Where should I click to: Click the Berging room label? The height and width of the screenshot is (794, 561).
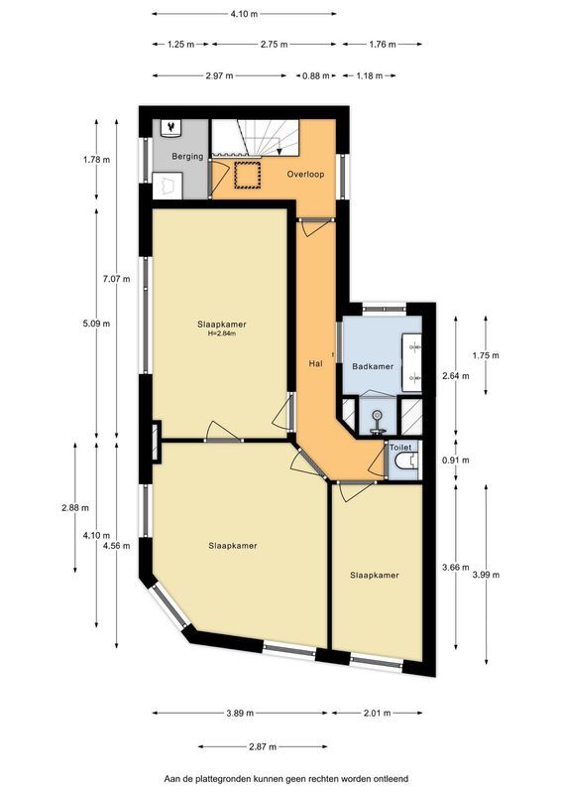pyautogui.click(x=187, y=157)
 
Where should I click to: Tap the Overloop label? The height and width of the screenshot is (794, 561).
pyautogui.click(x=305, y=175)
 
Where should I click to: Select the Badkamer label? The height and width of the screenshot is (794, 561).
pyautogui.click(x=373, y=366)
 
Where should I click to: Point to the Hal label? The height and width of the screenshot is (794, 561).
pyautogui.click(x=315, y=363)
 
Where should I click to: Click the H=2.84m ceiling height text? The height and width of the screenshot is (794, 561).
pyautogui.click(x=222, y=333)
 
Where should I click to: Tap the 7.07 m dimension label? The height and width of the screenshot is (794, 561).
pyautogui.click(x=117, y=279)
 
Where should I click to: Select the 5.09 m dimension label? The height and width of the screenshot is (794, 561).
pyautogui.click(x=96, y=324)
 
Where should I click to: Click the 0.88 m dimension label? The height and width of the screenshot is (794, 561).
pyautogui.click(x=316, y=76)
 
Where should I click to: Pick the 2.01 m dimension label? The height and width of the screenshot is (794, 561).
pyautogui.click(x=377, y=713)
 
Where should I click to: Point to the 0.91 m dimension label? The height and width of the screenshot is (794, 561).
pyautogui.click(x=455, y=461)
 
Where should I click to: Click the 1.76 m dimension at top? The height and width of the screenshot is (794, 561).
pyautogui.click(x=383, y=44)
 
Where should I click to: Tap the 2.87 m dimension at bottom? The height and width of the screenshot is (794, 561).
pyautogui.click(x=263, y=746)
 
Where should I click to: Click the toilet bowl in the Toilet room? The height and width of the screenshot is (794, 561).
pyautogui.click(x=405, y=462)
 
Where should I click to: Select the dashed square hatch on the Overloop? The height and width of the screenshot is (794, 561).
pyautogui.click(x=248, y=176)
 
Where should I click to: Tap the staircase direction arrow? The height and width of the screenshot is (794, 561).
pyautogui.click(x=280, y=150)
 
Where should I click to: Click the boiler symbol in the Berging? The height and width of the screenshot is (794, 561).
pyautogui.click(x=172, y=129)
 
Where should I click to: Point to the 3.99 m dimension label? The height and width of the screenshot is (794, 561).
pyautogui.click(x=486, y=575)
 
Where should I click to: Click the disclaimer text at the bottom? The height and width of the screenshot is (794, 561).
pyautogui.click(x=285, y=779)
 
